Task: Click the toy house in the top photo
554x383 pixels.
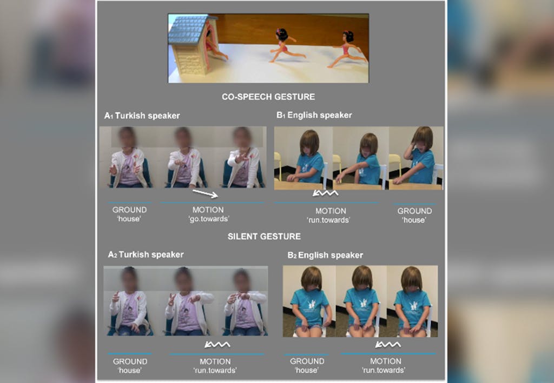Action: [193, 45]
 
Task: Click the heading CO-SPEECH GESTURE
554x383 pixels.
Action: [268, 97]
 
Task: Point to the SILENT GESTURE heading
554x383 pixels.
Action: [264, 236]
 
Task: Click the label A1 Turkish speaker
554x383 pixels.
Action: [142, 116]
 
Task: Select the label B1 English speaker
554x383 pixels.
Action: [314, 115]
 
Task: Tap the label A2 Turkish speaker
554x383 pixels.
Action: [146, 254]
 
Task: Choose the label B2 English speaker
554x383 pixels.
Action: [325, 255]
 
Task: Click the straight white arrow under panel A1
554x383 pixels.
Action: [205, 193]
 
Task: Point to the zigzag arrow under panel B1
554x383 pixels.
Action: [325, 193]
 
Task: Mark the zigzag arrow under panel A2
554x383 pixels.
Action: [217, 344]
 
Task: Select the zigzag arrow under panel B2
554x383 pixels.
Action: [388, 344]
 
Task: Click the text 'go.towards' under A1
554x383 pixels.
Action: [208, 219]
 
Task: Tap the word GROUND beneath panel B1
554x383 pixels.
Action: [414, 211]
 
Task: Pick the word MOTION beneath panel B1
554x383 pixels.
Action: [331, 211]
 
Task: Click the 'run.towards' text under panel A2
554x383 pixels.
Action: [215, 370]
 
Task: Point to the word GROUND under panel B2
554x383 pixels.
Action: [307, 361]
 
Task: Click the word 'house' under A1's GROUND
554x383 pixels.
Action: [129, 219]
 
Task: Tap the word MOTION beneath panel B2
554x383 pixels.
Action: [385, 361]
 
